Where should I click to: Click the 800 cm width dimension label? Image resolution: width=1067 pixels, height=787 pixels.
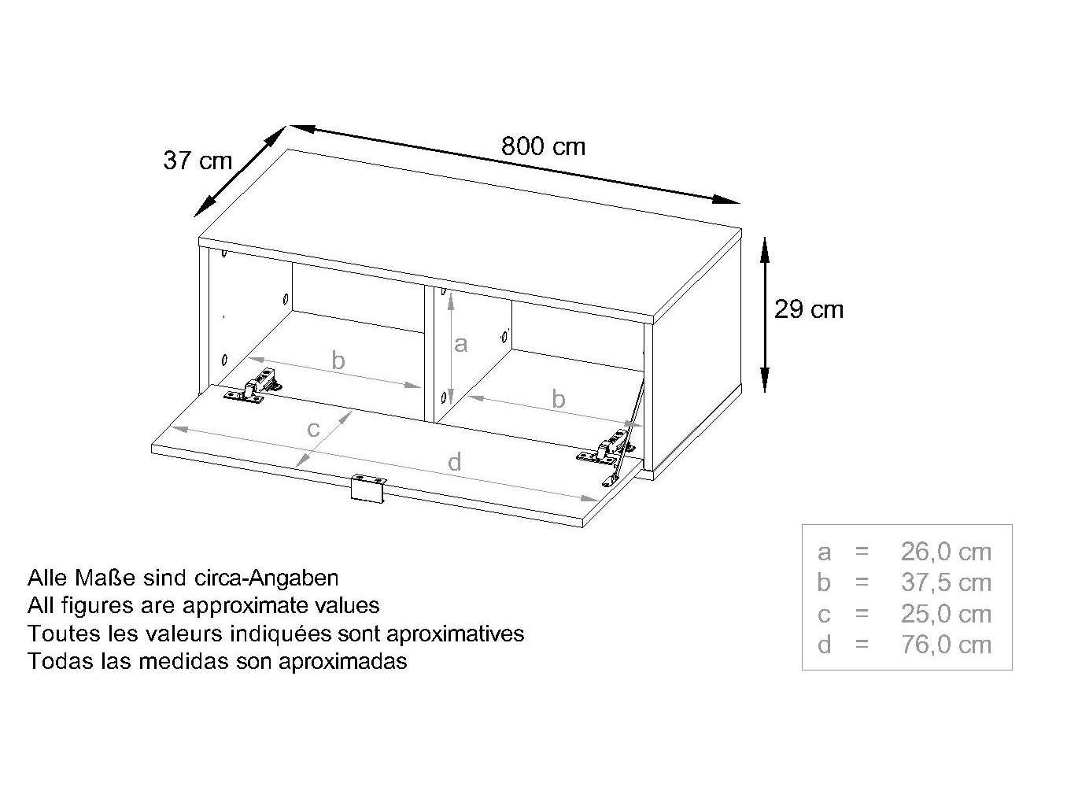coord(543,146)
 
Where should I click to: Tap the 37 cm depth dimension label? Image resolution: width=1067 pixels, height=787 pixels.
coord(198,161)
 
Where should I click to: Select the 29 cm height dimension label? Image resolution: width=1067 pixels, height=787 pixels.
coord(809,309)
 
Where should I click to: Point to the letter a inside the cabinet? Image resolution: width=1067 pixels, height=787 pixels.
coord(460,345)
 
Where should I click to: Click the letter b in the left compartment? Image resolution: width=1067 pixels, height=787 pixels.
coord(338,360)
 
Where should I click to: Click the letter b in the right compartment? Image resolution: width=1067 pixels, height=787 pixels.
coord(558,398)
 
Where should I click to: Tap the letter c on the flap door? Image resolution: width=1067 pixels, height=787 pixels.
coord(313,429)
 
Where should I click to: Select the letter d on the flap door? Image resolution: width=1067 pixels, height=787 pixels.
coord(455,462)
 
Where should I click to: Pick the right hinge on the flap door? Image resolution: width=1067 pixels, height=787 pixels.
coord(606,448)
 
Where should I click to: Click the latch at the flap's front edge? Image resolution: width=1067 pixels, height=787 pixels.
coord(368,487)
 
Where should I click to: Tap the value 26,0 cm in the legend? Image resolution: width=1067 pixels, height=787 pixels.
coord(946,552)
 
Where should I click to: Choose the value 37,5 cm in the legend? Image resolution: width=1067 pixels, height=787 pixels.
coord(946,582)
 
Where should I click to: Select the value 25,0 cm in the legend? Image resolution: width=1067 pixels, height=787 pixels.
coord(946,614)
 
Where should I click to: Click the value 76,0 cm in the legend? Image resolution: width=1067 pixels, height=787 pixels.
coord(946,645)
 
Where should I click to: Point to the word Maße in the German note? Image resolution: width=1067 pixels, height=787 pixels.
coord(107,578)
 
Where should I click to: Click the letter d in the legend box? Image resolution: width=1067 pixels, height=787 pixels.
coord(824,645)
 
